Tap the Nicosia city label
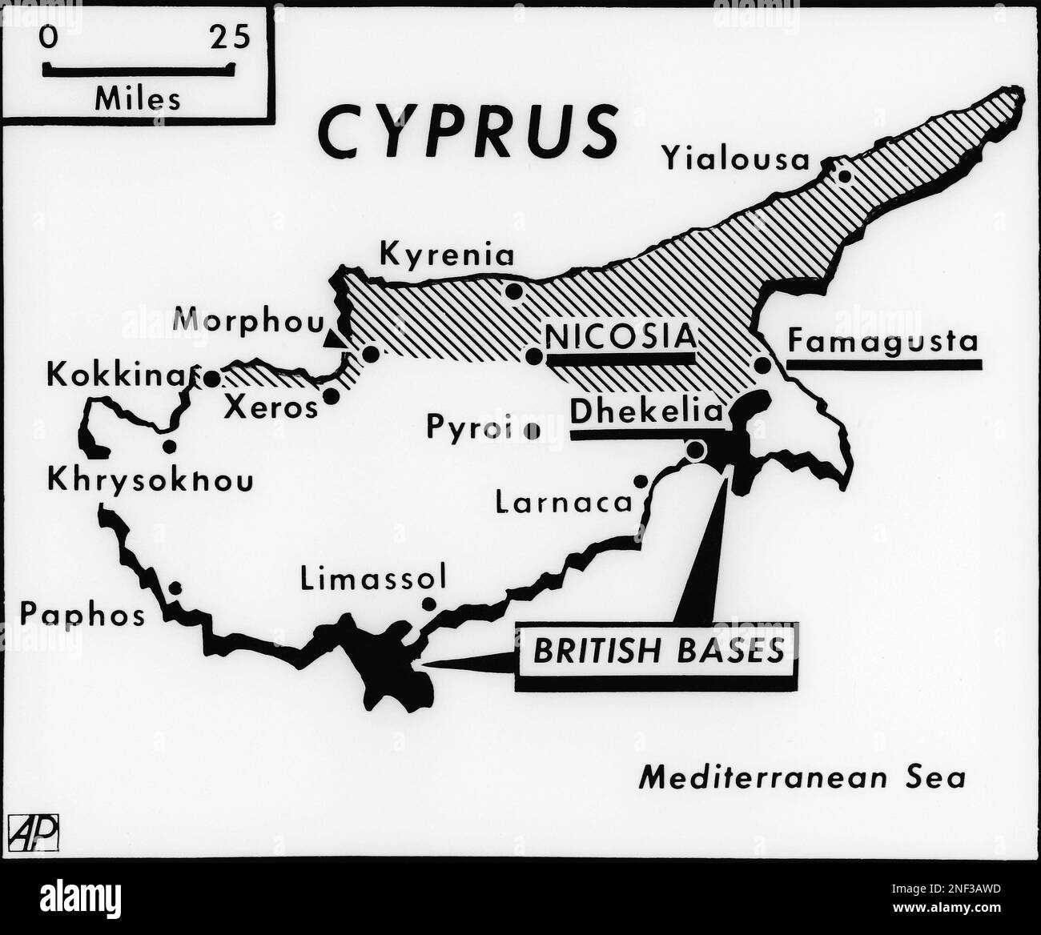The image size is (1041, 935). [620, 336]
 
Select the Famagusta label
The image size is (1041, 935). [882, 342]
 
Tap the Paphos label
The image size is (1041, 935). [82, 615]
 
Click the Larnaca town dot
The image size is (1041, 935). [641, 481]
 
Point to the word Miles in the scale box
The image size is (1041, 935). [137, 99]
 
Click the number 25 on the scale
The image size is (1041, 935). [230, 38]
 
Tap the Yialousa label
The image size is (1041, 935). [736, 159]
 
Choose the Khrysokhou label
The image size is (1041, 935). [151, 480]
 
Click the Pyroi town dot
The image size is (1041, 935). [531, 431]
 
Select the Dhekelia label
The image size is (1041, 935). [645, 411]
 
